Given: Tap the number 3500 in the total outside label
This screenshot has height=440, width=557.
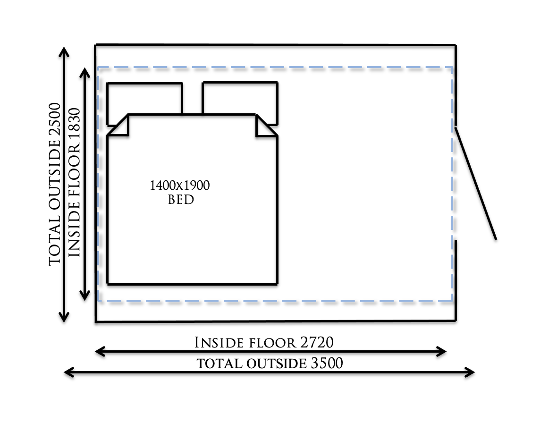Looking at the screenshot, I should [x=327, y=364].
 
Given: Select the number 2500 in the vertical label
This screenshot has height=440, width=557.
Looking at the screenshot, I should [x=55, y=120].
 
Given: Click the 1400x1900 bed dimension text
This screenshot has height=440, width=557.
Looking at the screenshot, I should [x=180, y=186].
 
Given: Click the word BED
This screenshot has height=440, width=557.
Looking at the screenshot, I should [x=181, y=200].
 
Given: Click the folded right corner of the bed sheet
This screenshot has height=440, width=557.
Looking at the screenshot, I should [x=264, y=126].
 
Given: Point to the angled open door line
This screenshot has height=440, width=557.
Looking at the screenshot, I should [x=476, y=183].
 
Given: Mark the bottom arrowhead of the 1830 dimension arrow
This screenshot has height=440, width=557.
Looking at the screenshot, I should [x=85, y=296].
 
